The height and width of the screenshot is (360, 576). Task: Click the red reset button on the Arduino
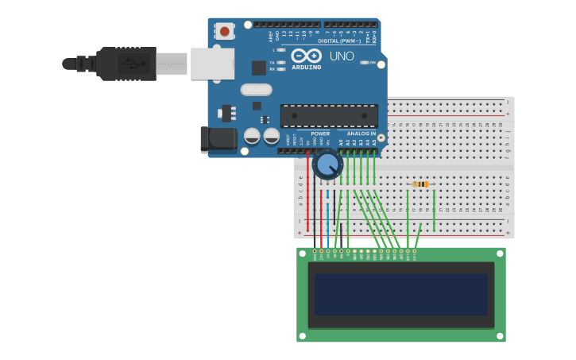[x=225, y=32]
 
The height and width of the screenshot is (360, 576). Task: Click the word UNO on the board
[x=342, y=56]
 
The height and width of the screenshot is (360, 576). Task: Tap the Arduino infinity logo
[x=306, y=56]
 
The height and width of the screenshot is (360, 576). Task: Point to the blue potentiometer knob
[x=327, y=165]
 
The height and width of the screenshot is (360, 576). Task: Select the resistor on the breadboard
[x=420, y=184]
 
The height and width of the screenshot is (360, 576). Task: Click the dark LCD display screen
[x=400, y=295]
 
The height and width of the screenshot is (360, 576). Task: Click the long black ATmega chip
[x=329, y=115]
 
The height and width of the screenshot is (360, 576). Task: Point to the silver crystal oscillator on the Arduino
[x=256, y=90]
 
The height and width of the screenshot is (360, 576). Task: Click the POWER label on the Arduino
[x=320, y=134]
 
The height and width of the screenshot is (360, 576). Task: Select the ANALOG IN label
[x=361, y=134]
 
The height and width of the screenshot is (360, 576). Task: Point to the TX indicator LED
[x=280, y=62]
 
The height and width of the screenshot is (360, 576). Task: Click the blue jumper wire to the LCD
[x=327, y=219]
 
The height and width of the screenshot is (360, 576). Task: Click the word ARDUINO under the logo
[x=306, y=68]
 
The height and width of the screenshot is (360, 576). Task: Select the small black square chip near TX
[x=259, y=68]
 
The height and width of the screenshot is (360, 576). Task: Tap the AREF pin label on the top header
[x=271, y=37]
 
